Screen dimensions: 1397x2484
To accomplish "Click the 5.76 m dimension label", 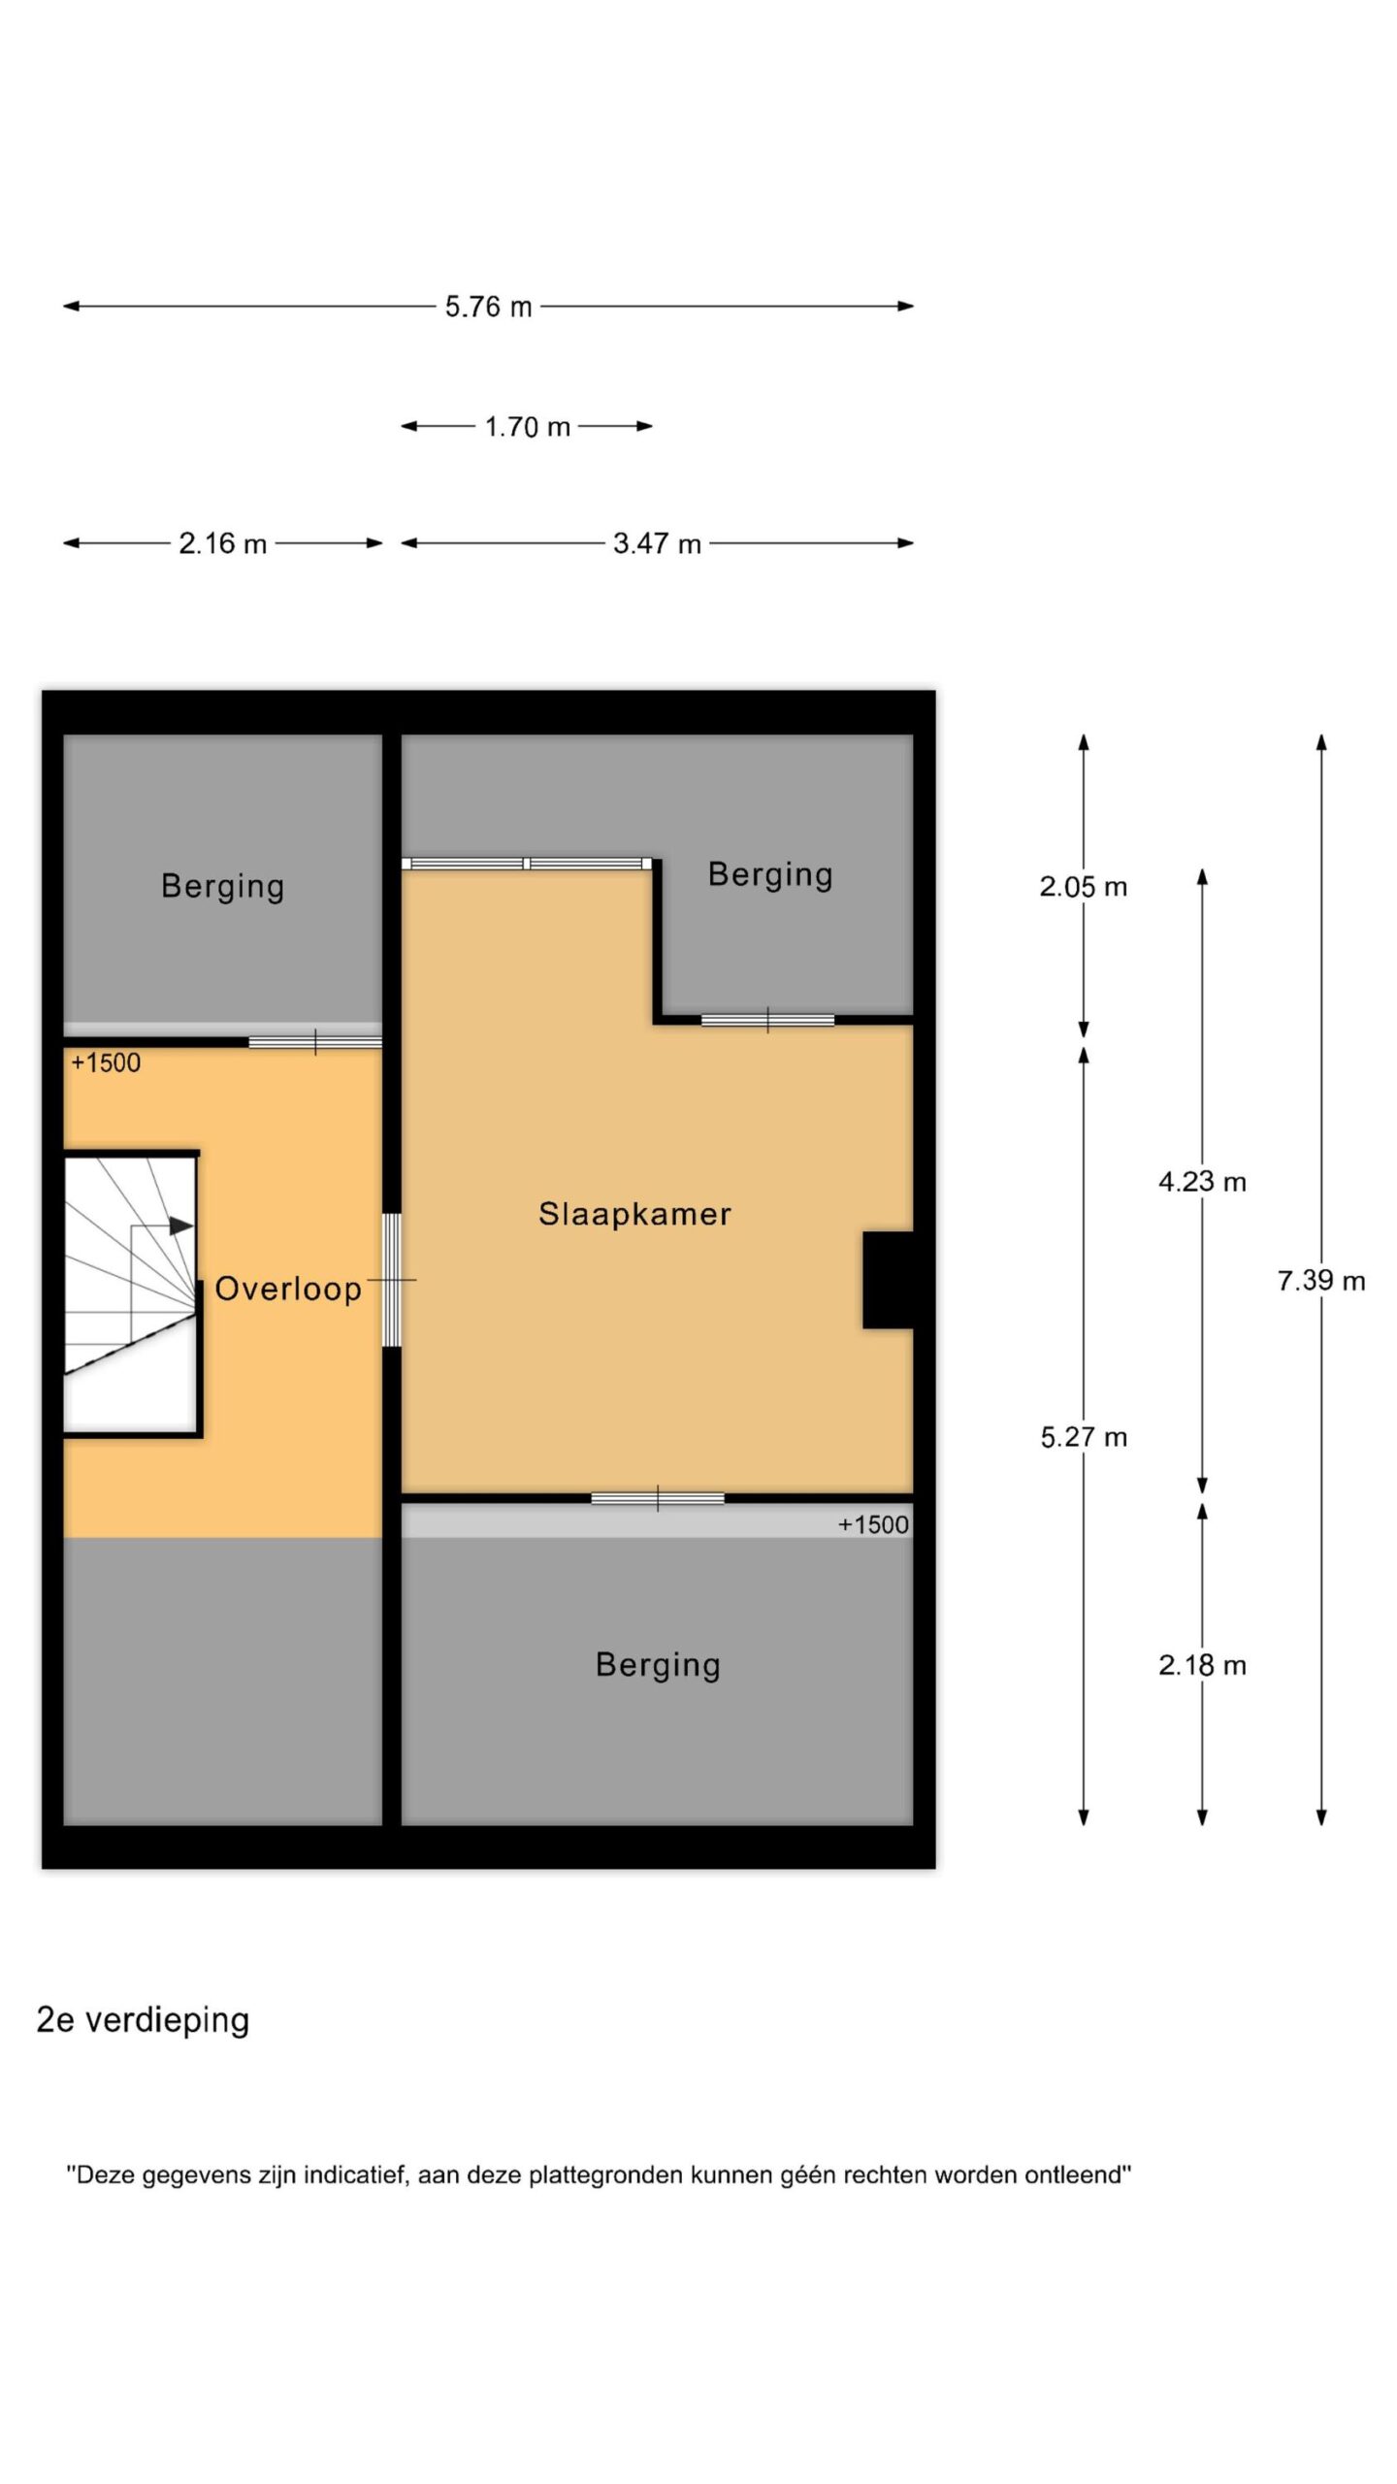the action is pyautogui.click(x=488, y=307).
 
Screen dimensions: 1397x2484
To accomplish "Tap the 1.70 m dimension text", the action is pyautogui.click(x=527, y=427).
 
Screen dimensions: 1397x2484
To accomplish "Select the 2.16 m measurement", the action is pyautogui.click(x=222, y=543).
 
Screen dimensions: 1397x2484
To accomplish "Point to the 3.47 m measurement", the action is pyautogui.click(x=657, y=543).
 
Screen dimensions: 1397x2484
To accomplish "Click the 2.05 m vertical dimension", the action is pyautogui.click(x=1084, y=887).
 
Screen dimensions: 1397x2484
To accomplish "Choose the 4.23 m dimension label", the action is pyautogui.click(x=1202, y=1182).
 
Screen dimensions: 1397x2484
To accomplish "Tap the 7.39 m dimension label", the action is pyautogui.click(x=1321, y=1281).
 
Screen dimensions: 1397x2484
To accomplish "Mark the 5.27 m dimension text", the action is pyautogui.click(x=1084, y=1437).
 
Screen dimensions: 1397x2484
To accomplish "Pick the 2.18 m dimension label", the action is pyautogui.click(x=1202, y=1665).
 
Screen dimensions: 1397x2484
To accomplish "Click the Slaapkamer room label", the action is pyautogui.click(x=634, y=1214).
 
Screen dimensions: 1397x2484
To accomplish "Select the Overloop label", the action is pyautogui.click(x=288, y=1289).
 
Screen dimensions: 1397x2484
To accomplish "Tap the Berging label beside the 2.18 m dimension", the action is pyautogui.click(x=658, y=1665).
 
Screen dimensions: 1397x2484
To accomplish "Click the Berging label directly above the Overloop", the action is pyautogui.click(x=222, y=886).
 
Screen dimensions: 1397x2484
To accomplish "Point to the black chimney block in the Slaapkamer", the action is pyautogui.click(x=888, y=1280).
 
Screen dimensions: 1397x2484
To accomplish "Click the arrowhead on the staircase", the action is pyautogui.click(x=181, y=1226).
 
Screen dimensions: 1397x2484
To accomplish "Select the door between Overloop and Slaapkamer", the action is pyautogui.click(x=392, y=1280).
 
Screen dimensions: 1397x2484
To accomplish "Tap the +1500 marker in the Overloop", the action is pyautogui.click(x=106, y=1063).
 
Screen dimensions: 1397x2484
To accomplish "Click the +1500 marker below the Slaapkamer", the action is pyautogui.click(x=873, y=1525).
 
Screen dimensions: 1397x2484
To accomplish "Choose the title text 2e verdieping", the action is pyautogui.click(x=143, y=2020).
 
